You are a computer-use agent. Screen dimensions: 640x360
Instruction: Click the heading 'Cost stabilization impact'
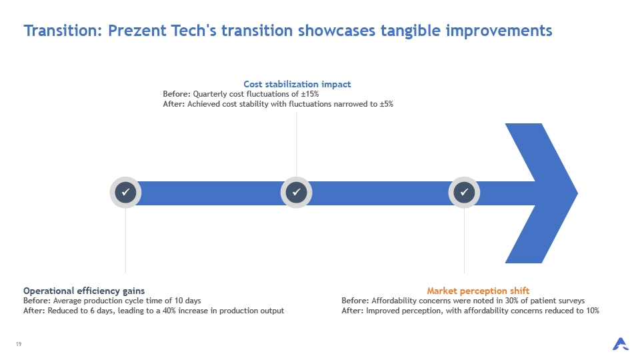297,84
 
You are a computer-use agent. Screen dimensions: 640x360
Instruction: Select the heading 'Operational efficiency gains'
84,291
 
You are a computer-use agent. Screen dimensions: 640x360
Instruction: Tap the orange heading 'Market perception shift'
478,291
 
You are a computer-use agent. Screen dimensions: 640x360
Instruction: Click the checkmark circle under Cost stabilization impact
296,192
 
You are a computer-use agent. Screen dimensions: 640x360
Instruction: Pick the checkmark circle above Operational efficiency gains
126,192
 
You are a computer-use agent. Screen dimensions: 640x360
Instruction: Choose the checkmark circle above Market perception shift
464,192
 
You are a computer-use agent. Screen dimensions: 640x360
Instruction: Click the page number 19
19,344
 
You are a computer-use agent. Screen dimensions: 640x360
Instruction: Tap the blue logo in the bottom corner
621,344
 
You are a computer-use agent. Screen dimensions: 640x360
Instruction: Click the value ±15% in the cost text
310,94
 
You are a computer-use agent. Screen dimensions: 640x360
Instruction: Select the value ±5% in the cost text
387,104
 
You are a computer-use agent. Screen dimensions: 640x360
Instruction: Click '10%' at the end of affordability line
591,311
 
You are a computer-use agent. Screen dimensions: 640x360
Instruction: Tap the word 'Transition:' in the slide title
63,31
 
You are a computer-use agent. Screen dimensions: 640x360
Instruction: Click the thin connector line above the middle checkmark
297,144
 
